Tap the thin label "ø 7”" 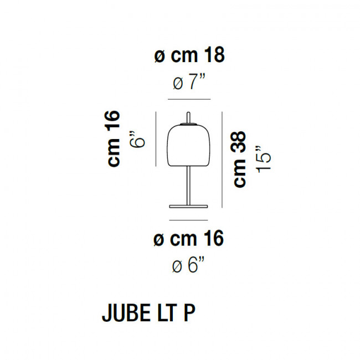(189, 84)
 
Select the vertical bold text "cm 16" (115, 139)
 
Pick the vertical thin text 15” (264, 160)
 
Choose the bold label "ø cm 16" (188, 239)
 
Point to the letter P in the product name (189, 313)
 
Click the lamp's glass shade (189, 145)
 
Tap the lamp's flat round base (189, 207)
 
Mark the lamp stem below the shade (189, 186)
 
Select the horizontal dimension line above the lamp (189, 99)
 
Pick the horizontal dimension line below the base (189, 220)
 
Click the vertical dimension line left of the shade (157, 138)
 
